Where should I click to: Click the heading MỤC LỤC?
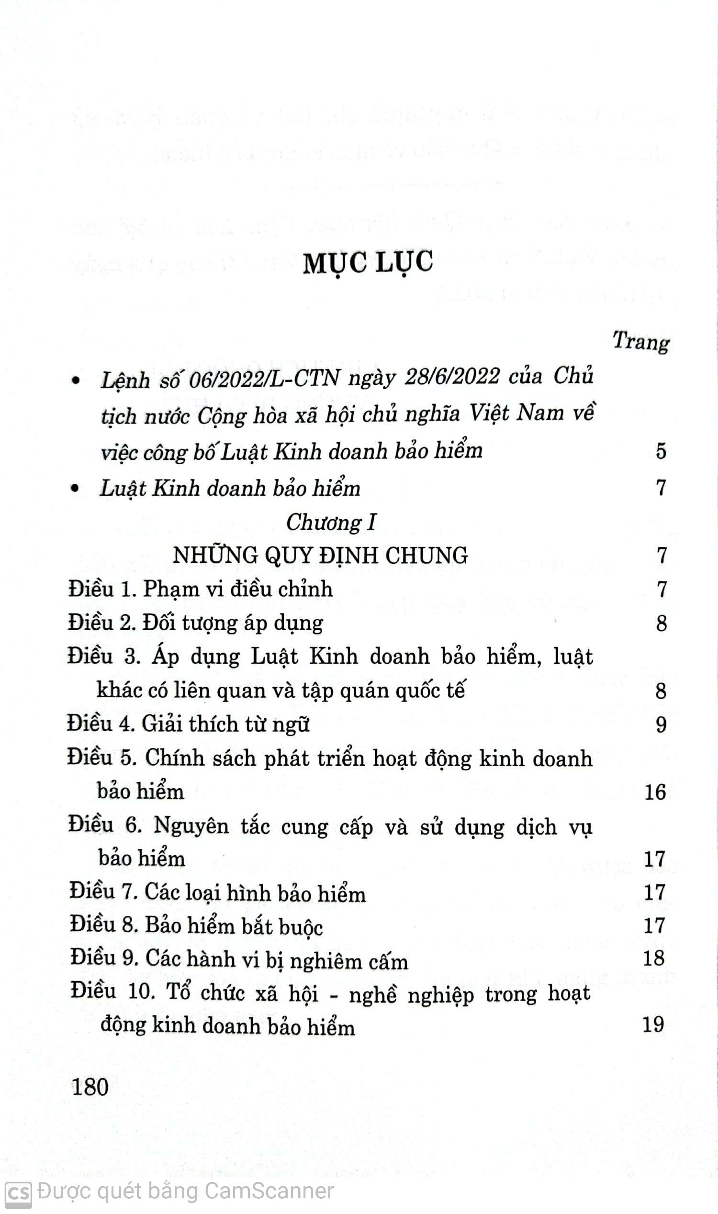point(368,263)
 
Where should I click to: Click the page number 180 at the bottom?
point(90,1087)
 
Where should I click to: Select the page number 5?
point(661,451)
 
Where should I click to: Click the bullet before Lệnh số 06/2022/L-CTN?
point(75,381)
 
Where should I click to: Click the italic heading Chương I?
point(331,523)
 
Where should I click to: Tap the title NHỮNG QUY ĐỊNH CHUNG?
point(320,555)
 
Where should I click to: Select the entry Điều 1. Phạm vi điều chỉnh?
point(200,589)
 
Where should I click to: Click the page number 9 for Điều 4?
point(661,724)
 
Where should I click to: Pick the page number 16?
point(655,792)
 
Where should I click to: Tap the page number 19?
point(653,1025)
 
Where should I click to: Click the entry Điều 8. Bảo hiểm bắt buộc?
point(196,926)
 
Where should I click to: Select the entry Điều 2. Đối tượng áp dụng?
point(195,623)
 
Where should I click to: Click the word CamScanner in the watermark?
point(269,1191)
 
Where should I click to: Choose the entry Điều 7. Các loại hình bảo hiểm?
point(217,893)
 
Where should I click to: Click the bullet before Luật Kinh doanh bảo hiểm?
point(75,489)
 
